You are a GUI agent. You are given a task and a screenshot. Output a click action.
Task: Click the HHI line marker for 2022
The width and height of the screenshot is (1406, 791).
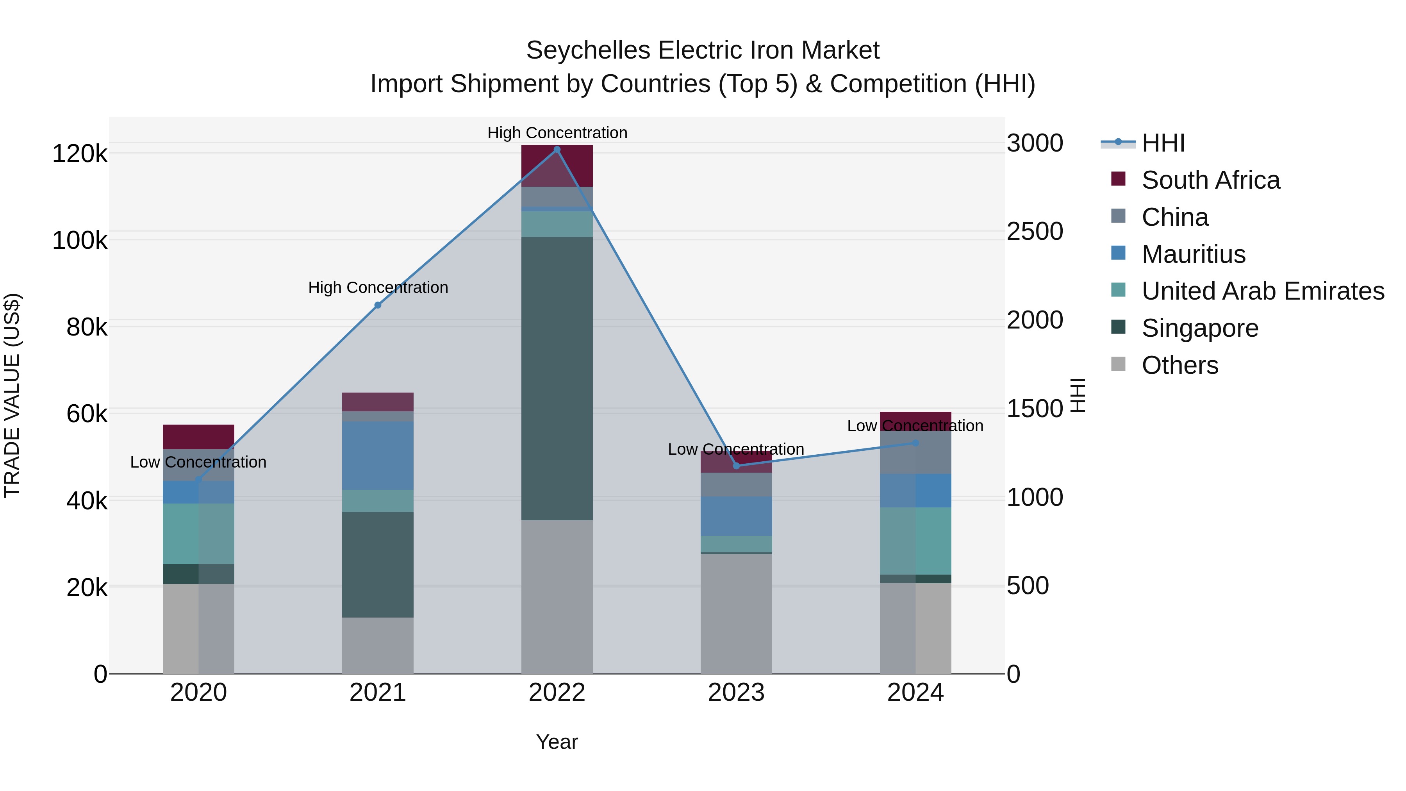point(557,150)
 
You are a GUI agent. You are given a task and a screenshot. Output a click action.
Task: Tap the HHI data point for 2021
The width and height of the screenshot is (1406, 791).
point(378,305)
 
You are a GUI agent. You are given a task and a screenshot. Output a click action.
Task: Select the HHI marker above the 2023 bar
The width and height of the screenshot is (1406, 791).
point(736,466)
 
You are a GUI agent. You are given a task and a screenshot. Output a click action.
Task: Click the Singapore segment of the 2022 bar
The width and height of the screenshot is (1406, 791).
point(557,378)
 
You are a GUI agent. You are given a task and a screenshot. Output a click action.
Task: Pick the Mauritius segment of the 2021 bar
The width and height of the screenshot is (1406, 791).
point(378,455)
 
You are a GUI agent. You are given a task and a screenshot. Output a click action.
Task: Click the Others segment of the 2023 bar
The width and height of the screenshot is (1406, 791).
point(736,614)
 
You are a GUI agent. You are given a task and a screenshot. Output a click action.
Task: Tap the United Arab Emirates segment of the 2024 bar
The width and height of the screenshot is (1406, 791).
point(915,541)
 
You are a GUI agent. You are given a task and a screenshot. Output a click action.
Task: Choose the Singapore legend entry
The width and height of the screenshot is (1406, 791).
point(1200,328)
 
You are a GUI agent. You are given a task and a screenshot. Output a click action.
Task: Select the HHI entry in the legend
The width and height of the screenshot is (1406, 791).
point(1163,143)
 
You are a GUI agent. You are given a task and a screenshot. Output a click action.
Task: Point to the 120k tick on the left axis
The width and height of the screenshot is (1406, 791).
point(80,154)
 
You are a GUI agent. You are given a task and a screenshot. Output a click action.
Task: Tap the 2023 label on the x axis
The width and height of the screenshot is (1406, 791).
point(736,693)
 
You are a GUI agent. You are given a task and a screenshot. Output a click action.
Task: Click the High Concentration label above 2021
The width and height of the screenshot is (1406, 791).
point(378,287)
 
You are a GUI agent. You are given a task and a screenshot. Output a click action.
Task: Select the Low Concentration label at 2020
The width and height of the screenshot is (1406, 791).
point(198,462)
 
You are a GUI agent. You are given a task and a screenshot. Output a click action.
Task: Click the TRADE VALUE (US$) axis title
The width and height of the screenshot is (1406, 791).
point(12,395)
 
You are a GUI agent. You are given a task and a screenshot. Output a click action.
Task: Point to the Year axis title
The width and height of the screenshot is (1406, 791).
point(557,742)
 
